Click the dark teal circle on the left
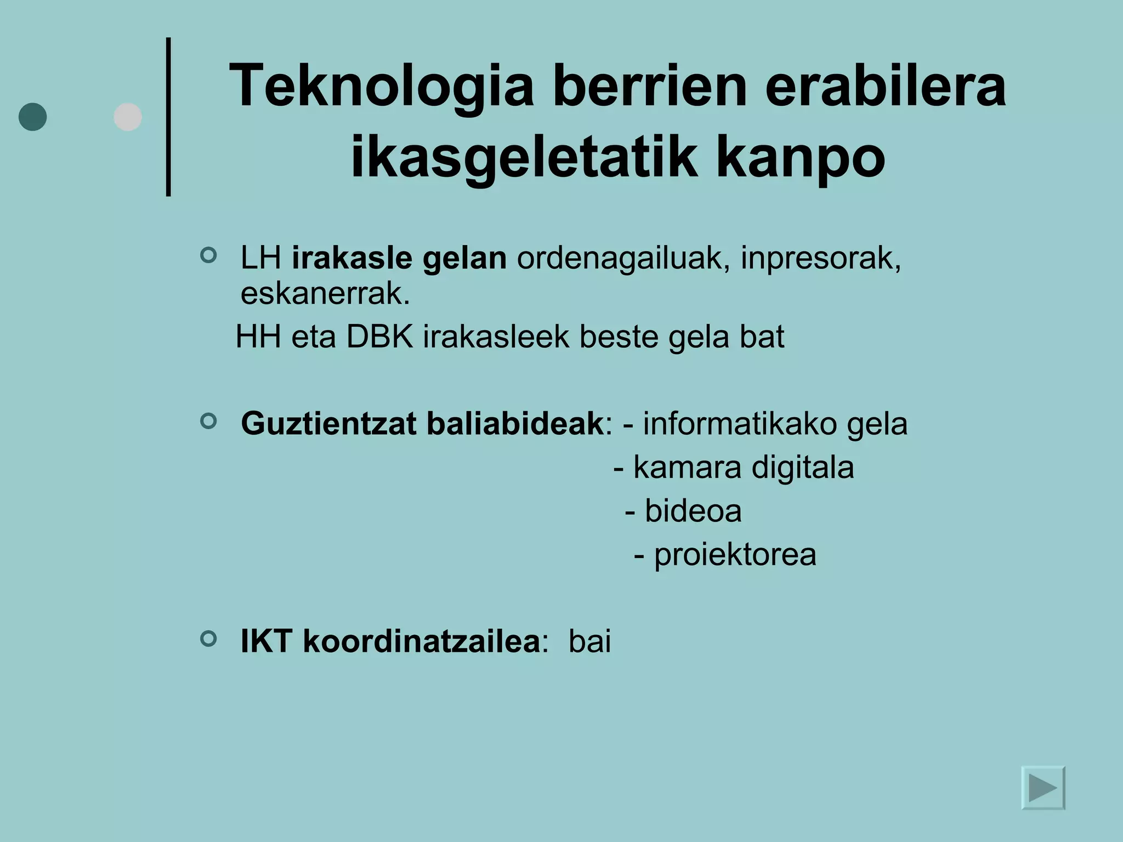click(x=33, y=117)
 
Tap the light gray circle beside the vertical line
click(x=128, y=117)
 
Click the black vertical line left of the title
click(x=168, y=117)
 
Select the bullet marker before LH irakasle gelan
click(x=208, y=255)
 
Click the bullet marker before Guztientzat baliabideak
click(x=208, y=421)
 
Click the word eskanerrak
click(x=325, y=294)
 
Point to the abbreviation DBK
click(x=379, y=337)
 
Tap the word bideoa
click(x=693, y=511)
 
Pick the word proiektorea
click(x=735, y=554)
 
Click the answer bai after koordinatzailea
click(x=589, y=641)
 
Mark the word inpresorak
click(x=820, y=258)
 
